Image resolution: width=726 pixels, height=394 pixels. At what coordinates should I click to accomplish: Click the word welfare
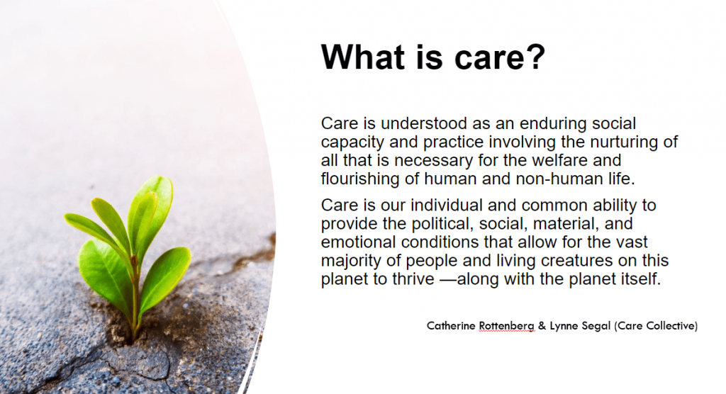(x=562, y=160)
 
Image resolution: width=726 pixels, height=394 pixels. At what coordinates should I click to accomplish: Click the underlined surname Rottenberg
(x=506, y=326)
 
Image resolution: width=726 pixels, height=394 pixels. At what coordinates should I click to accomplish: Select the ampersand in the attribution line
(x=542, y=326)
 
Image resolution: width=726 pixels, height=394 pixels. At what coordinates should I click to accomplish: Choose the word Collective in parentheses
(x=672, y=326)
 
